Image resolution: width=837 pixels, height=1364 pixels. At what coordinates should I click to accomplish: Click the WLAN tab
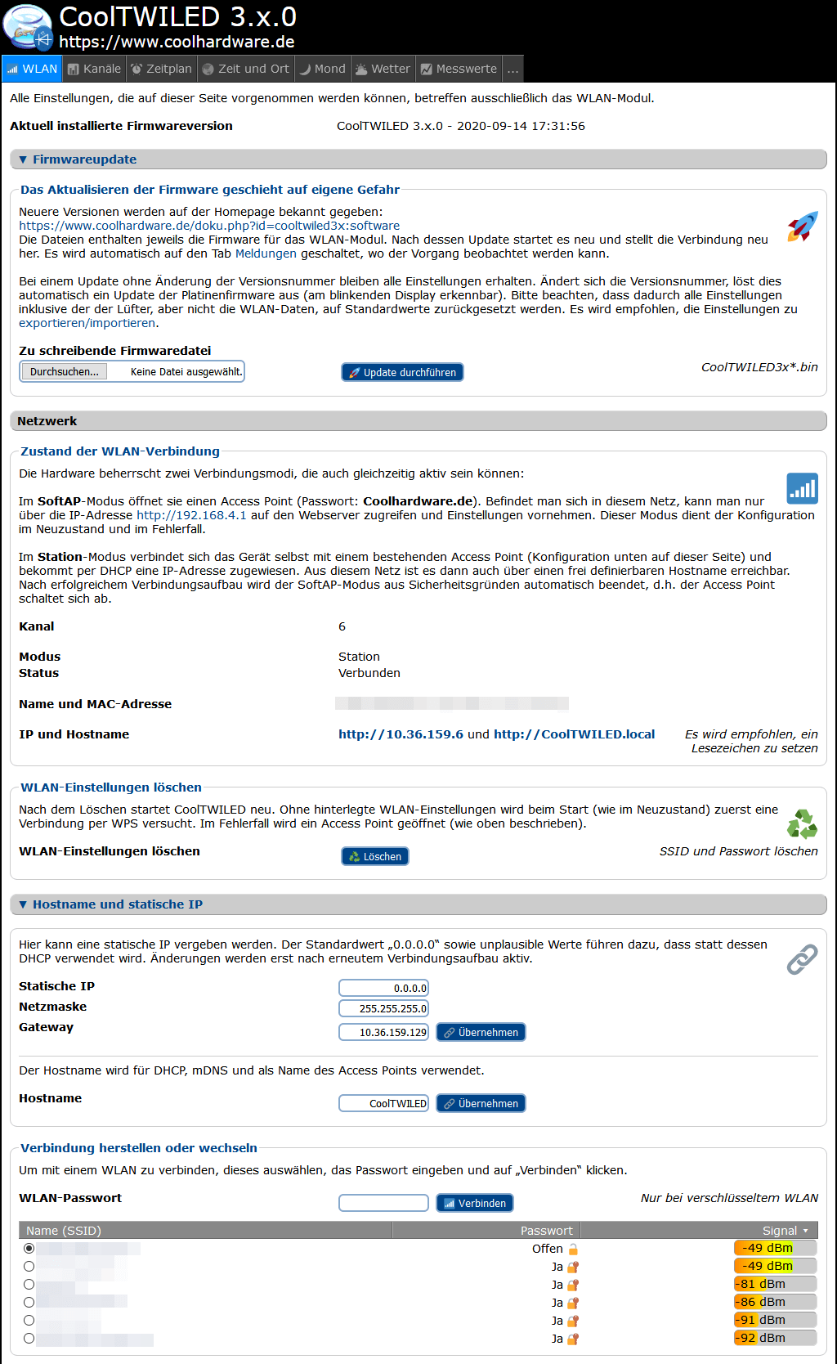(x=33, y=69)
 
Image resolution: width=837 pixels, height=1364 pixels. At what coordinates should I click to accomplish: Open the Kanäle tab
(x=95, y=69)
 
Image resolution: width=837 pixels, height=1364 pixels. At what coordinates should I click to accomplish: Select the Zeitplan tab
(x=162, y=69)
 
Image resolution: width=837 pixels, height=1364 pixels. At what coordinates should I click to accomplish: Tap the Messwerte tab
(x=459, y=69)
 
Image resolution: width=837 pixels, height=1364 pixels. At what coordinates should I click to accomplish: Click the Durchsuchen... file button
(x=64, y=371)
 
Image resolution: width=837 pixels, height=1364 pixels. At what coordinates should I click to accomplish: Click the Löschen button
(x=374, y=856)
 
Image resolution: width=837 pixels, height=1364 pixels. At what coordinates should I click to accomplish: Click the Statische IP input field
(x=383, y=988)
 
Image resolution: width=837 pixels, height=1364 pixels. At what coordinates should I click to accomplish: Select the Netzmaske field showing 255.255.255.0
(x=383, y=1008)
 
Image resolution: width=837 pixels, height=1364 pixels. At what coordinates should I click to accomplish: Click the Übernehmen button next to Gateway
(x=481, y=1032)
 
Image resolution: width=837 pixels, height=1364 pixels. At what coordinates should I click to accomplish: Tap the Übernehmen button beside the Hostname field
(x=481, y=1103)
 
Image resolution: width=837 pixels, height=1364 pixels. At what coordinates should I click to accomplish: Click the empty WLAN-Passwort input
(x=383, y=1203)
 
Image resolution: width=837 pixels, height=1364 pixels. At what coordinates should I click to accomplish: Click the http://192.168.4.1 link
(x=191, y=515)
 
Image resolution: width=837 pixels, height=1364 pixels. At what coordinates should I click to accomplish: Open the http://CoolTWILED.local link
(x=574, y=734)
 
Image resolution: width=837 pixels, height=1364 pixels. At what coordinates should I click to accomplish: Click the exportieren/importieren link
(x=87, y=323)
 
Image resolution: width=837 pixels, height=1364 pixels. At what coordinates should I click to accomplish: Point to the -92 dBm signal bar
(x=775, y=1338)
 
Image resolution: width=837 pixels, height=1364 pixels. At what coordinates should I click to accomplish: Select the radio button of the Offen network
(x=29, y=1249)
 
